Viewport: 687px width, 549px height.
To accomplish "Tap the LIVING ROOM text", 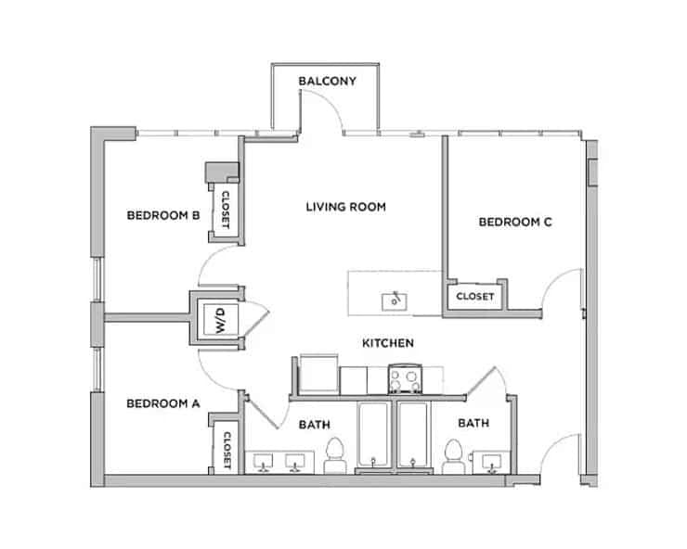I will tap(345, 207).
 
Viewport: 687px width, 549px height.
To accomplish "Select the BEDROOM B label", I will tap(163, 215).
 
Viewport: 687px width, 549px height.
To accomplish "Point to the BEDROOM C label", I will tap(515, 222).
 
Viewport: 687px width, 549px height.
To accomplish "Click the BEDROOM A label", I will tap(163, 403).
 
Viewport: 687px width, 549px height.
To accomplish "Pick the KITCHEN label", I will tap(387, 343).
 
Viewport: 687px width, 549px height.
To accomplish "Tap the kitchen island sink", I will tap(395, 300).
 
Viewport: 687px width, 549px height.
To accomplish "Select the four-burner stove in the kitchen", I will tap(405, 379).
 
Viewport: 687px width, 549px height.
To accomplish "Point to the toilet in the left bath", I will tap(335, 455).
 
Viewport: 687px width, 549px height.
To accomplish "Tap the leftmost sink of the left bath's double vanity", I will tap(263, 461).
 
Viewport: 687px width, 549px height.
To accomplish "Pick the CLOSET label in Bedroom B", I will tap(226, 208).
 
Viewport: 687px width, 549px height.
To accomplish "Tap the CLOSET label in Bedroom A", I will tap(227, 449).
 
